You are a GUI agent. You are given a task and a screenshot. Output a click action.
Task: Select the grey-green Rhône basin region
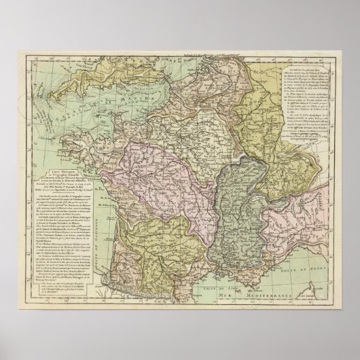[x=234, y=211]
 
